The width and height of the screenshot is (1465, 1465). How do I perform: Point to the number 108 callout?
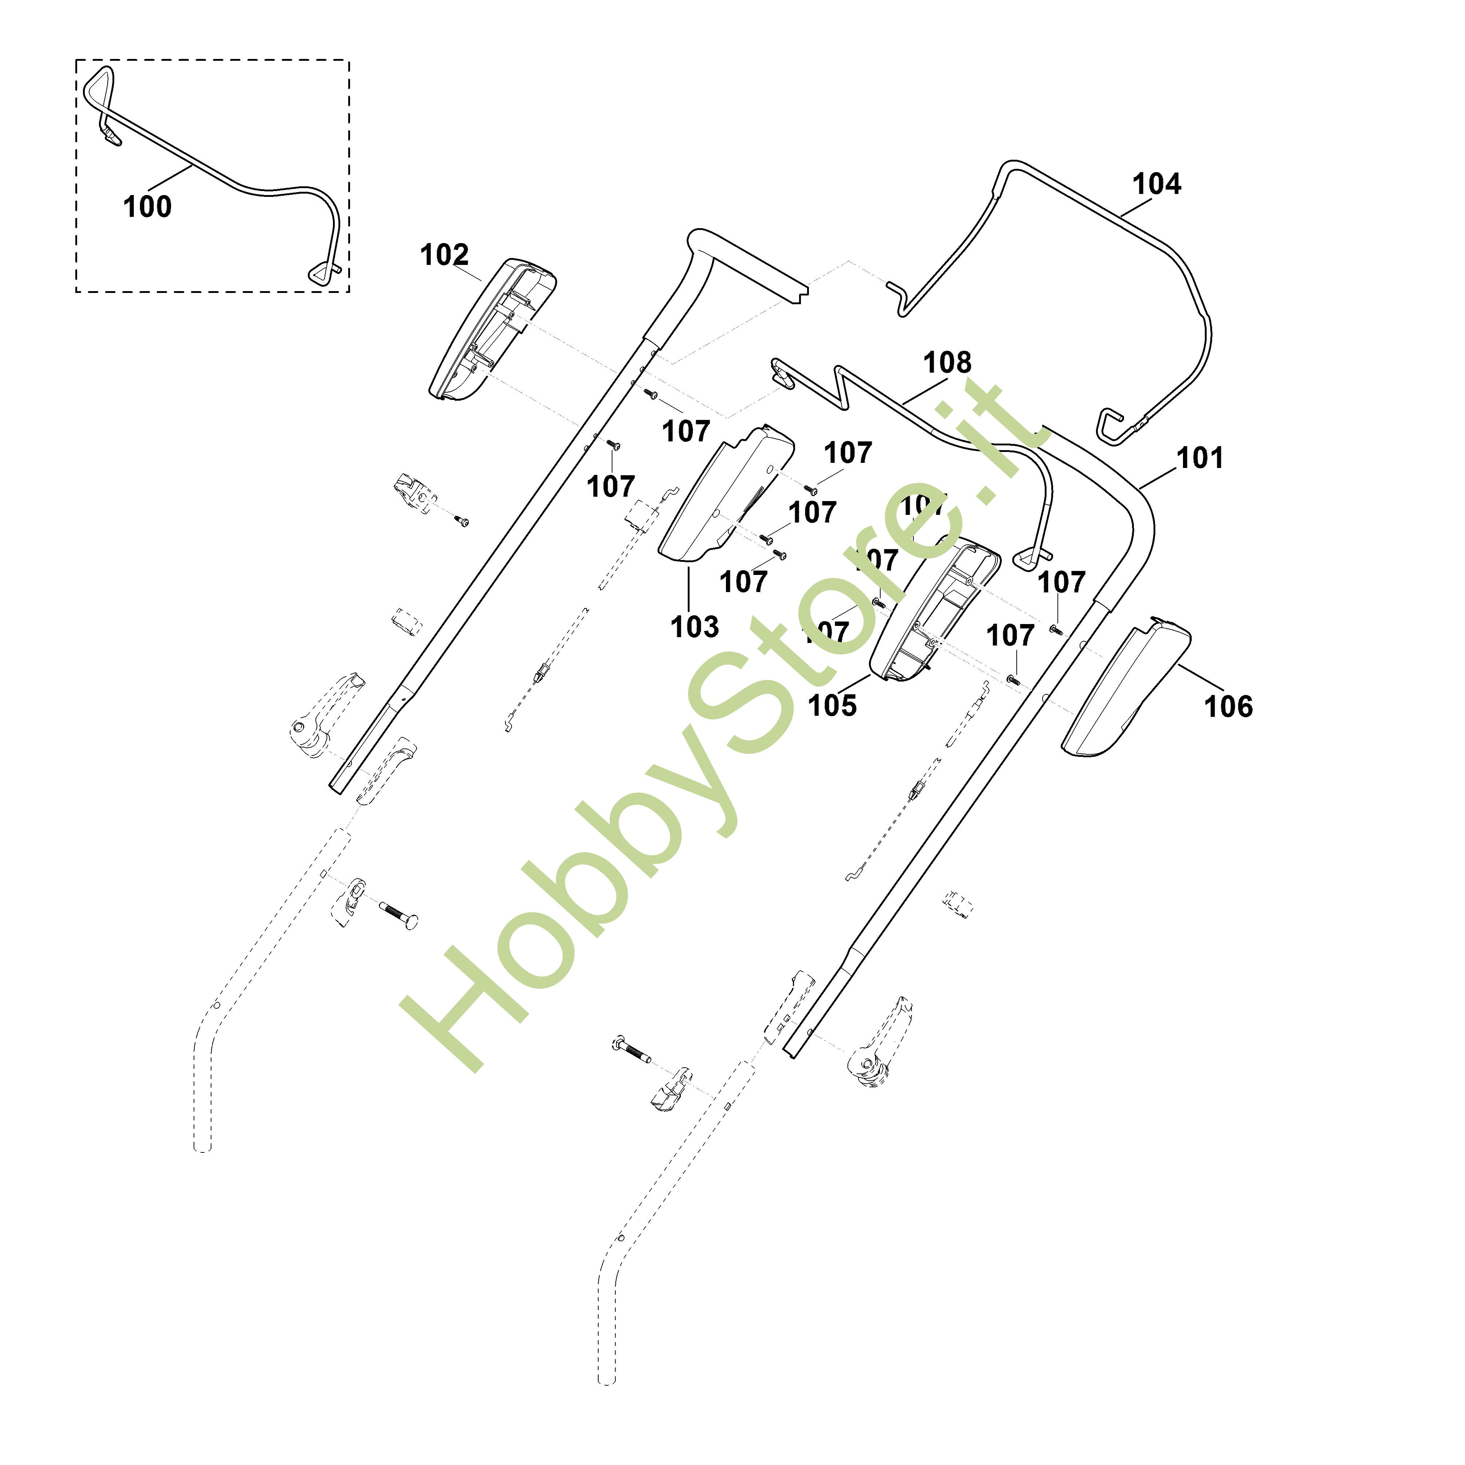(x=947, y=363)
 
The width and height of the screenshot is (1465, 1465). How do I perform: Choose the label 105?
(x=832, y=705)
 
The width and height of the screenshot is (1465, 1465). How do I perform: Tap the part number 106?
(x=1228, y=707)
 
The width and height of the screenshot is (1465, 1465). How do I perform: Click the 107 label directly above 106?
(x=1061, y=582)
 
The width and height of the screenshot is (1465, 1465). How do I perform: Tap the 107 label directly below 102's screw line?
(x=611, y=487)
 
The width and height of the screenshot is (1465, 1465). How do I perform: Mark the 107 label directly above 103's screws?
(x=848, y=453)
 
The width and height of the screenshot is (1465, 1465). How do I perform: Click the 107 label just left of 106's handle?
(x=1010, y=635)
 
